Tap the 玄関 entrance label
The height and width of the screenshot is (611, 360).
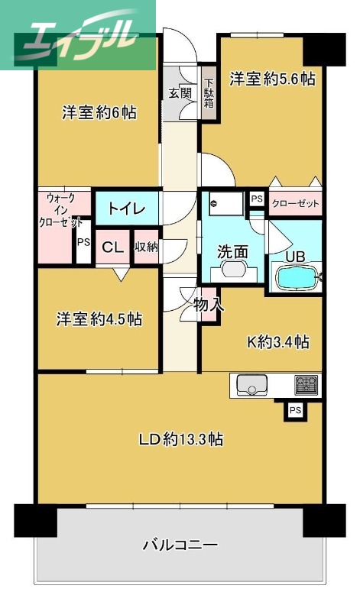pos(180,94)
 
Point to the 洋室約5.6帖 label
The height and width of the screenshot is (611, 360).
pos(273,78)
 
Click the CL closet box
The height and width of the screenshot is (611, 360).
pos(112,247)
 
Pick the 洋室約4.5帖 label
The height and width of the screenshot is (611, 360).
pos(99,318)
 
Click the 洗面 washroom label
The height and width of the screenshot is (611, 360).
pos(232,251)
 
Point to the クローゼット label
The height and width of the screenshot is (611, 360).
pos(294,204)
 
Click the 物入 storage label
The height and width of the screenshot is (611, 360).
pos(209,304)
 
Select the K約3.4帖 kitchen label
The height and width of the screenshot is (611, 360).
pos(277,341)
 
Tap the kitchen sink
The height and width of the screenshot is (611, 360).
pos(251,386)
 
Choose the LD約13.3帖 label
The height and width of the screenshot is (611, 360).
pos(180,439)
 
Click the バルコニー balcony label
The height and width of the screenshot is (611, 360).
pos(180,545)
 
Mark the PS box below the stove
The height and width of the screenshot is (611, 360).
pos(294,412)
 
